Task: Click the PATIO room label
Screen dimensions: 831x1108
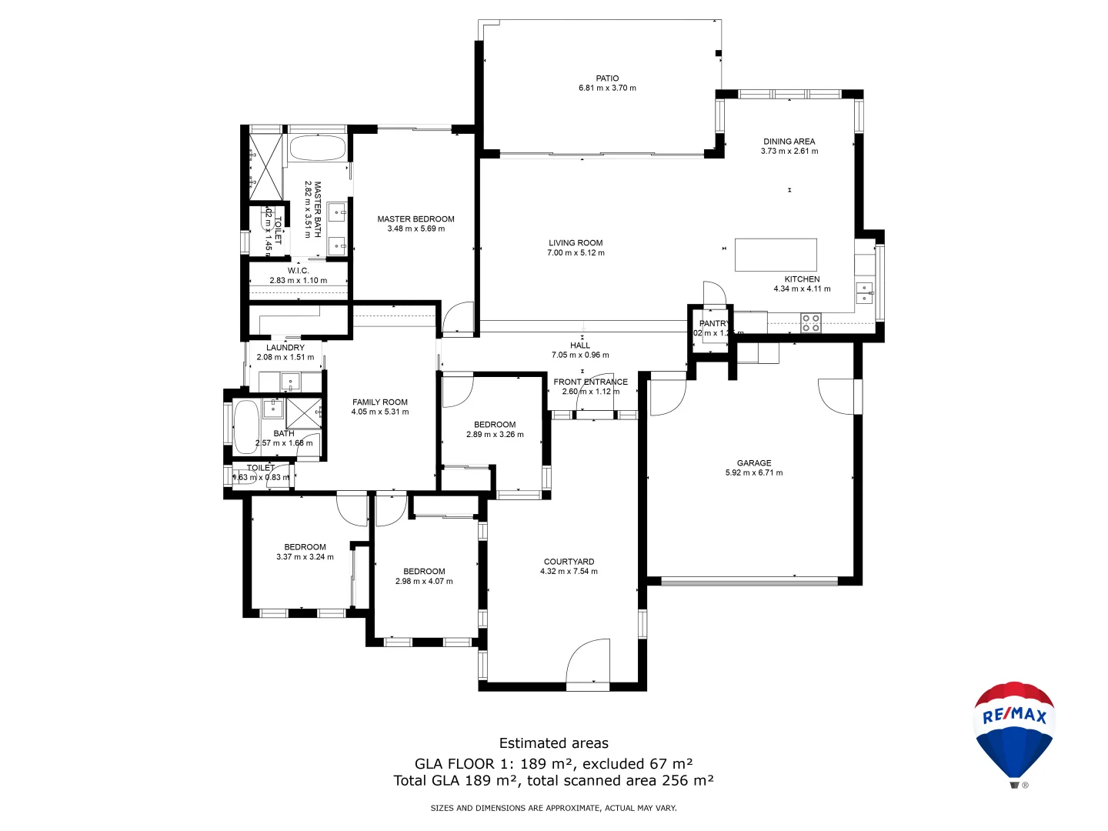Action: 607,78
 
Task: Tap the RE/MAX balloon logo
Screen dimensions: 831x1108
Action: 1014,731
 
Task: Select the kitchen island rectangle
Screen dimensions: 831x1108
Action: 776,255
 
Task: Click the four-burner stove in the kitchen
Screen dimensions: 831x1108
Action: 810,322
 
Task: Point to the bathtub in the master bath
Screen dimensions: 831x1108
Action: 317,148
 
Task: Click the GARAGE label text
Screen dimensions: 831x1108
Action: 753,463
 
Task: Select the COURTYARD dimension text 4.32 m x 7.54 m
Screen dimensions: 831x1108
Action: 569,572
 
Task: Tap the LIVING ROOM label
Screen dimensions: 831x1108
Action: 576,243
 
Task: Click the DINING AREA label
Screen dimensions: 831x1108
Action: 789,142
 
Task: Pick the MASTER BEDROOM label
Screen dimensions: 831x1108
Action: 415,219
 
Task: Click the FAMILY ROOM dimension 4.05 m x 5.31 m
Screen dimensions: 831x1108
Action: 380,412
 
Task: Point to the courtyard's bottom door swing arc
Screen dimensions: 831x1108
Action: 588,660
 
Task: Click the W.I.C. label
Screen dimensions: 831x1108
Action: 298,271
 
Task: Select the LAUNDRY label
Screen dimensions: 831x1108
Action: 285,348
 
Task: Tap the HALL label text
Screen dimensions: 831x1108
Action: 580,345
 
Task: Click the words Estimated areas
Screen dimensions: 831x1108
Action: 553,743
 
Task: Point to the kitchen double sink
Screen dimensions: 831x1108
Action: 865,293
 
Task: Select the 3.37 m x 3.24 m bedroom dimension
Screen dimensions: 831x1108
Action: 305,557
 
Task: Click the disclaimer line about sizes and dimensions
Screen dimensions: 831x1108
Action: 553,808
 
